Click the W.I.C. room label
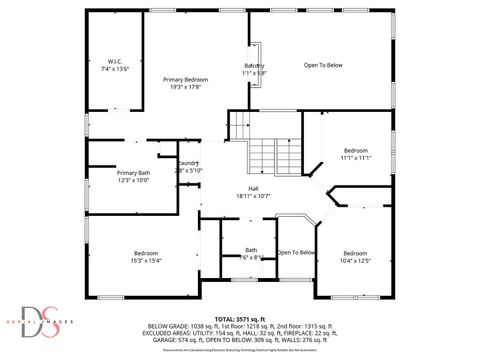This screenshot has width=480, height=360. point(115,60)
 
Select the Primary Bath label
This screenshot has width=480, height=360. point(133,172)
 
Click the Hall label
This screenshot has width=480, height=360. point(255,188)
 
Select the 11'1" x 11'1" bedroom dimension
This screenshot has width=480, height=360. point(356,158)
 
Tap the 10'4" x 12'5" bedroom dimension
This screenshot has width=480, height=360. point(355,261)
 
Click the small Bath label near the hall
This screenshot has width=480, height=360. point(251,250)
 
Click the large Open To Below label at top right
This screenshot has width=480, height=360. point(323,65)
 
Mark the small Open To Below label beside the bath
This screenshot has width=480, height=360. point(296,252)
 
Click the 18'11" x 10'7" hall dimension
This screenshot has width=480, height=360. point(255,196)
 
